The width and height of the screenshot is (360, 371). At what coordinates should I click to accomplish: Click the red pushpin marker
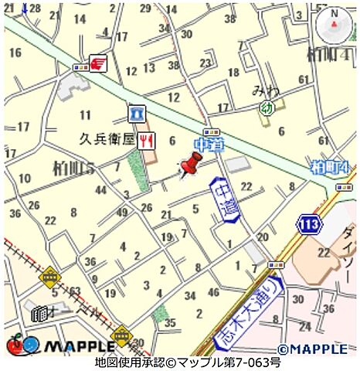pyautogui.click(x=189, y=165)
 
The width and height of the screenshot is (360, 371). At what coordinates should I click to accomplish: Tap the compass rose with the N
pyautogui.click(x=333, y=26)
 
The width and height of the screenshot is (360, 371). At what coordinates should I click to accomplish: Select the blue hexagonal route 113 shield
pyautogui.click(x=308, y=224)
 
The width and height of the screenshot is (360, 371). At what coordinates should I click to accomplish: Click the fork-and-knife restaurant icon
pyautogui.click(x=147, y=139)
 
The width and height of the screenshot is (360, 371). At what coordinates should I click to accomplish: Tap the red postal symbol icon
pyautogui.click(x=99, y=63)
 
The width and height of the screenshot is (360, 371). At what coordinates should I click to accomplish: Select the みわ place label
pyautogui.click(x=264, y=91)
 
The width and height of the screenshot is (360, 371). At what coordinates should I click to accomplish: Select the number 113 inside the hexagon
pyautogui.click(x=308, y=224)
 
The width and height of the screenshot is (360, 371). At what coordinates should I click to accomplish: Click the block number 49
pyautogui.click(x=122, y=213)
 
